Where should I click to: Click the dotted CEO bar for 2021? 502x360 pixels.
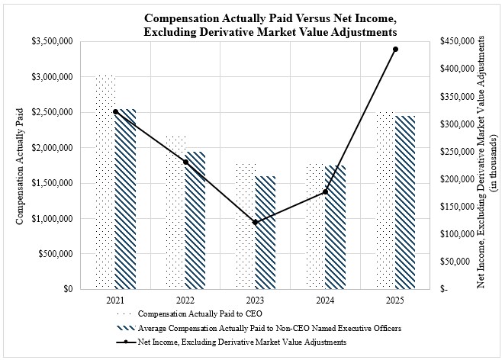click(105, 183)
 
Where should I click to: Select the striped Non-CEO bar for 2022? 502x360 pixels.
click(195, 220)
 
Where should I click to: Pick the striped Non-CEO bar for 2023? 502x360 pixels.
click(265, 233)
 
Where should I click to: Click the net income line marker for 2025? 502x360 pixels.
click(396, 49)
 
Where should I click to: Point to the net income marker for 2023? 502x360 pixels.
click(256, 223)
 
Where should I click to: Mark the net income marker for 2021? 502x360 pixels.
click(115, 111)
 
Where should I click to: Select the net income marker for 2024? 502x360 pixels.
click(326, 191)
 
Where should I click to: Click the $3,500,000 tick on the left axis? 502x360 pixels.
click(53, 41)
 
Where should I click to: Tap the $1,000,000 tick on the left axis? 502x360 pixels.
click(53, 219)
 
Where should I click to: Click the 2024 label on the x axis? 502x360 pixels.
click(326, 301)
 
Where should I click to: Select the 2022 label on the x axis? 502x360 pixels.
click(185, 301)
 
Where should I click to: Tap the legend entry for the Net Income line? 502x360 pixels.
click(242, 342)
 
